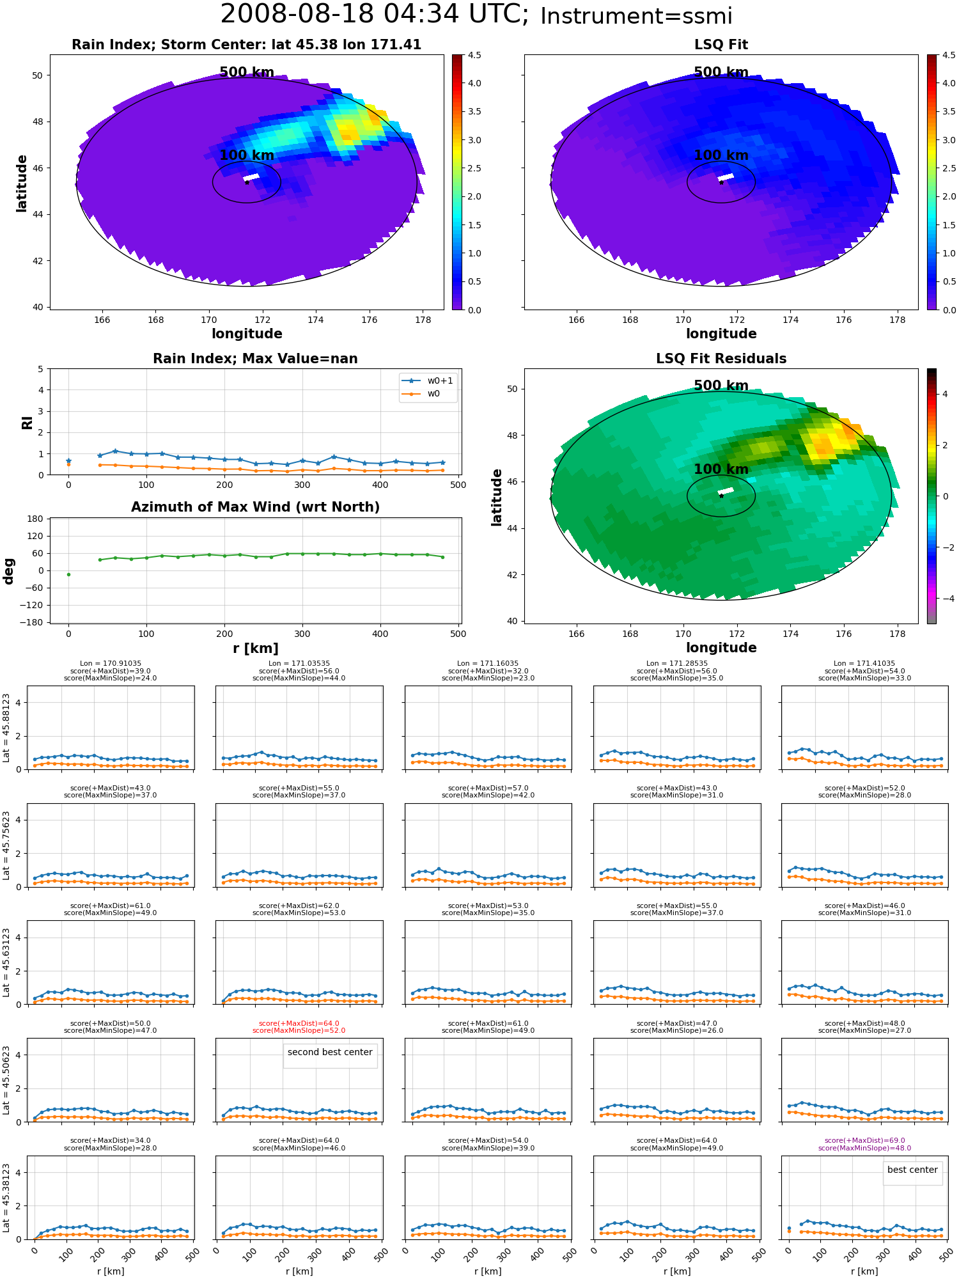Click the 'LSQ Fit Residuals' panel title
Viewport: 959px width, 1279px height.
(x=721, y=359)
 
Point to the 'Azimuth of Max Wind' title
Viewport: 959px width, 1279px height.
(x=255, y=507)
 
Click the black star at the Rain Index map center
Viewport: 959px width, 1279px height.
(x=247, y=182)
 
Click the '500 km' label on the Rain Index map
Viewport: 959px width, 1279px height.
(x=247, y=72)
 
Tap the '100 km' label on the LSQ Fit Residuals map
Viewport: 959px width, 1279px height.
(x=721, y=469)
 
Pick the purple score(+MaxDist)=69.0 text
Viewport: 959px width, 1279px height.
(x=864, y=1140)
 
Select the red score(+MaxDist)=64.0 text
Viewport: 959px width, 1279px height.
(x=299, y=1023)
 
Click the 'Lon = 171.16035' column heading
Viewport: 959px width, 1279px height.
(x=488, y=663)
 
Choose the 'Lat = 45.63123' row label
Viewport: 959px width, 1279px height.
(x=6, y=962)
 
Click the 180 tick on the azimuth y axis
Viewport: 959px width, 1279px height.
(x=36, y=519)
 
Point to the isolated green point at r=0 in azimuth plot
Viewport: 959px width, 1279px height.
(x=68, y=574)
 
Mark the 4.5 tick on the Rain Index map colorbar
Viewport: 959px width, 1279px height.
(x=474, y=55)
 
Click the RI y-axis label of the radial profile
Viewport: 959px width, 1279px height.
(x=27, y=423)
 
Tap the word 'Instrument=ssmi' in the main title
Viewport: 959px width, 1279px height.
(x=636, y=17)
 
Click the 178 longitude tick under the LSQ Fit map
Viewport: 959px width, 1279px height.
(x=897, y=320)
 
